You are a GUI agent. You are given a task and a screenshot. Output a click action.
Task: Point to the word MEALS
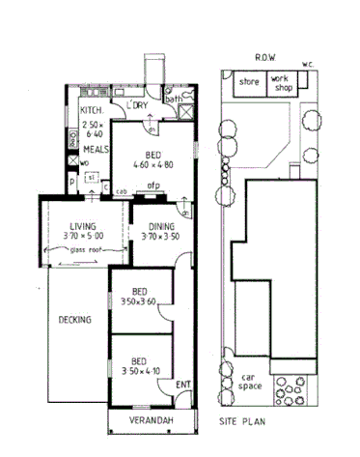tap(95, 151)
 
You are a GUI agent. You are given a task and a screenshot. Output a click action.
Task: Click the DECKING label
tap(74, 319)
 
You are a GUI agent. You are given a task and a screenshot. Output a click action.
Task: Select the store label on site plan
tap(251, 82)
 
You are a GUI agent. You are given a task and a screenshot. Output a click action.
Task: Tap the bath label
tap(173, 99)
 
